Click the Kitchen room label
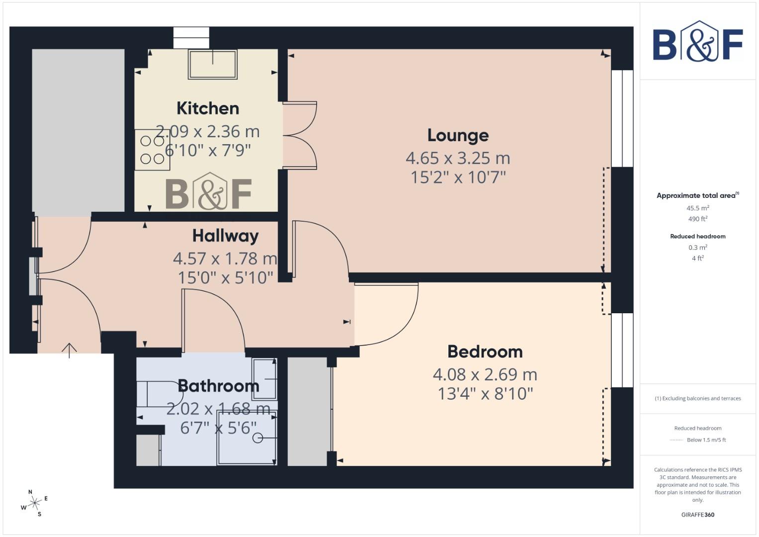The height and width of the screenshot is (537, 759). pyautogui.click(x=208, y=108)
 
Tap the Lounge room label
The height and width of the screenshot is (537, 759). pyautogui.click(x=458, y=135)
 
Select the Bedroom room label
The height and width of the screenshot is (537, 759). pyautogui.click(x=485, y=352)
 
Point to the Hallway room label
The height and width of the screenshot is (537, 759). pyautogui.click(x=225, y=235)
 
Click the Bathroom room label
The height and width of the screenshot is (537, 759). pyautogui.click(x=218, y=386)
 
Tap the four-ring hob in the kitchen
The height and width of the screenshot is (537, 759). pyautogui.click(x=152, y=150)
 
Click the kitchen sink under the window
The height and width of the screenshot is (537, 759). pyautogui.click(x=212, y=64)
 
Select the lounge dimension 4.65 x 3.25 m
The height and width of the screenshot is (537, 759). pyautogui.click(x=458, y=158)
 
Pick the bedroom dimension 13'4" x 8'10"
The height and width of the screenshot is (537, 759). pyautogui.click(x=485, y=394)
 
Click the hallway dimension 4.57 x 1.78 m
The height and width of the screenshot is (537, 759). pyautogui.click(x=225, y=259)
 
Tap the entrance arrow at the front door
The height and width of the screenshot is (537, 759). pyautogui.click(x=69, y=350)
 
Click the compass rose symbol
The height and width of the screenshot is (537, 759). pyautogui.click(x=34, y=503)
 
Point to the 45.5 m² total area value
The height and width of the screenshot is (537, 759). pyautogui.click(x=698, y=208)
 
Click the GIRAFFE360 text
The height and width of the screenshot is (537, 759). pyautogui.click(x=698, y=515)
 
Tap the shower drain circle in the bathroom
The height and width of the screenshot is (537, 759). pyautogui.click(x=257, y=438)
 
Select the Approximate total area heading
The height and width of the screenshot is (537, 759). pyautogui.click(x=697, y=195)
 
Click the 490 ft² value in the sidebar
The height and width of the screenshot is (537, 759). pyautogui.click(x=698, y=219)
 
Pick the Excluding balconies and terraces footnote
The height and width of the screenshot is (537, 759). pyautogui.click(x=698, y=398)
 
